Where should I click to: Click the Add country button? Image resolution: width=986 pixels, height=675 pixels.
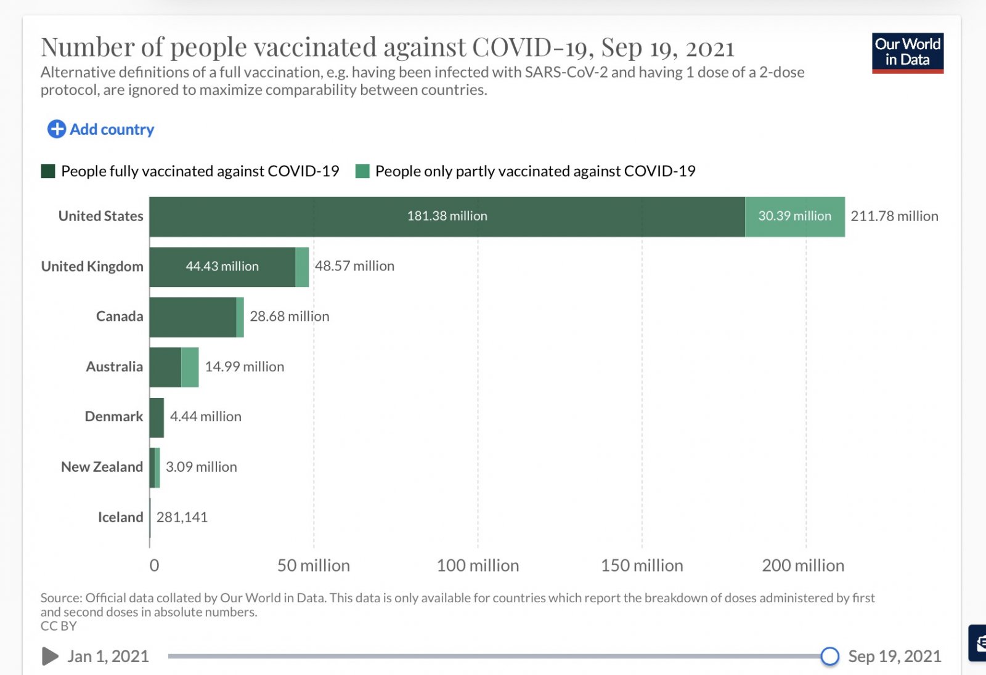(101, 129)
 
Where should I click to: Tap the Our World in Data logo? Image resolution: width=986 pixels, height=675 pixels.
(907, 53)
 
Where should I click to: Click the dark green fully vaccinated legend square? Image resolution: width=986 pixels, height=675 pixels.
(48, 171)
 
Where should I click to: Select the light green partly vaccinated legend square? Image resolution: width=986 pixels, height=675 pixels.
(362, 171)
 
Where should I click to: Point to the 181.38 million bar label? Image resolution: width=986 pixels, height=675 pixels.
(447, 216)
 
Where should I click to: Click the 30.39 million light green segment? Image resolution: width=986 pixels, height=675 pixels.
(794, 216)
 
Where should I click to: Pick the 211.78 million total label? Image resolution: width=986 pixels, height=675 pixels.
(894, 216)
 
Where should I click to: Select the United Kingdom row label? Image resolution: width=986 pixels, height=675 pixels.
(92, 267)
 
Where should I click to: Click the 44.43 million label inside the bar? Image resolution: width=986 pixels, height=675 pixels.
(222, 267)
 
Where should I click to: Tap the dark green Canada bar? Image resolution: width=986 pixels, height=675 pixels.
(192, 317)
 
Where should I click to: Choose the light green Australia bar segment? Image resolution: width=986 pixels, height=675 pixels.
(190, 367)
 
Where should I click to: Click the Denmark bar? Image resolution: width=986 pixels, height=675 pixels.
(157, 418)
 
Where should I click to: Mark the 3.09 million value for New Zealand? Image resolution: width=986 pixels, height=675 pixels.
(201, 467)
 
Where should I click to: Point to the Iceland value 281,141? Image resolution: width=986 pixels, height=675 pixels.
(182, 517)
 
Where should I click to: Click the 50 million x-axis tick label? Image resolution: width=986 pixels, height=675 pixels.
(313, 565)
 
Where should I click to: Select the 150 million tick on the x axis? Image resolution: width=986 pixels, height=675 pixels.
(642, 565)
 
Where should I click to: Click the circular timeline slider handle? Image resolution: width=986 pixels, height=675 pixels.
(829, 657)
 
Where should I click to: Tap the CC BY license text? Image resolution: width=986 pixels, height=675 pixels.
(59, 626)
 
